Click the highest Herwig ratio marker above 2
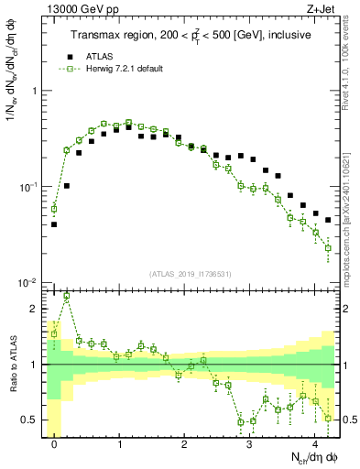pyautogui.click(x=67, y=297)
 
